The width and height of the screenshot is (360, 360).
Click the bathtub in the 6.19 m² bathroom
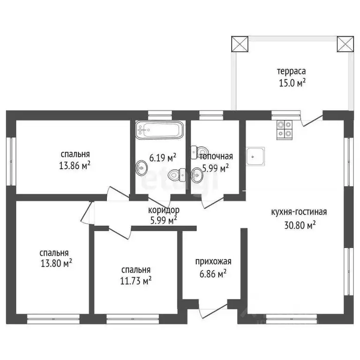159,130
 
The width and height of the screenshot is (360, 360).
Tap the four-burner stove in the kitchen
285,130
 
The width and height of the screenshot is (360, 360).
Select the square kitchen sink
255,156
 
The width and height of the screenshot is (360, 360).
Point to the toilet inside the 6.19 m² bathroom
177,175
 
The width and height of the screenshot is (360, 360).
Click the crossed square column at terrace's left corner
240,44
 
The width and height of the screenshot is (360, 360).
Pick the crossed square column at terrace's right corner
345,44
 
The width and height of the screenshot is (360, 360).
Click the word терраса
292,71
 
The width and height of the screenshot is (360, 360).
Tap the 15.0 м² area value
292,83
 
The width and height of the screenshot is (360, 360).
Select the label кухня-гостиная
299,212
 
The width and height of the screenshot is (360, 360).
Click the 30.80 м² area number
300,225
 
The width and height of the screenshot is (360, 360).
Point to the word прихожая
213,262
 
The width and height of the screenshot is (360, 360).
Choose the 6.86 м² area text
213,274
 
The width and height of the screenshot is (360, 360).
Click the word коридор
164,210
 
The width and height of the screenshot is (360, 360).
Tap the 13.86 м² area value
75,165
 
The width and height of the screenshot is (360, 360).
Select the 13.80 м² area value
56,263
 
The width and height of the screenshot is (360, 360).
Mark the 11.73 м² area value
135,281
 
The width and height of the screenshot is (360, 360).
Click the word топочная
216,157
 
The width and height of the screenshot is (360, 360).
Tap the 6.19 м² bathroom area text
163,158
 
